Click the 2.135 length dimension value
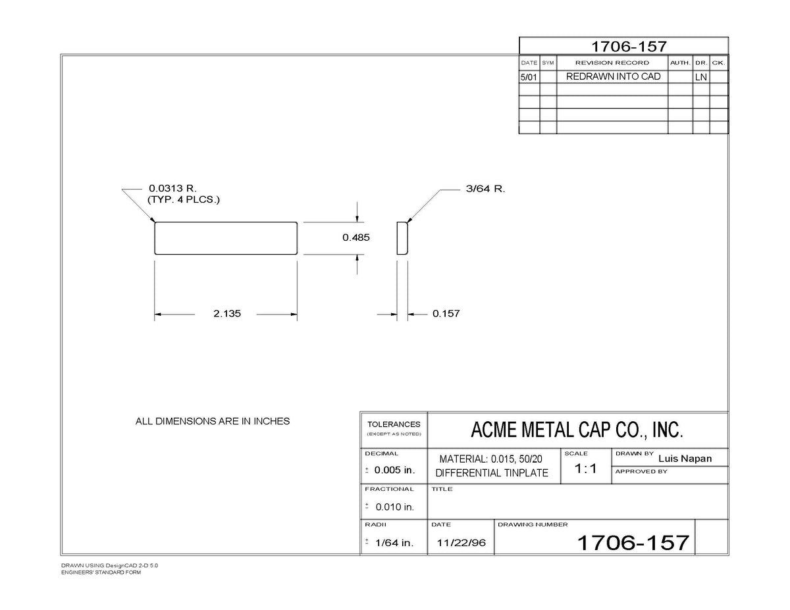[227, 313]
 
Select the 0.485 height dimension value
[356, 238]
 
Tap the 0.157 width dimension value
[446, 313]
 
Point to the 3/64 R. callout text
[486, 189]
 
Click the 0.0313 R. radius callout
[172, 188]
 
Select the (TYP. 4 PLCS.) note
[184, 200]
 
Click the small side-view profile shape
[402, 238]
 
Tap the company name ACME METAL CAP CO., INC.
[577, 430]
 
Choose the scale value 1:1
[585, 469]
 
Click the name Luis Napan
[685, 459]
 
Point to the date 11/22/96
[461, 543]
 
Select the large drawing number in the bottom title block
[633, 543]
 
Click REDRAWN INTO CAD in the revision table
[614, 76]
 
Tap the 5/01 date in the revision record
[529, 77]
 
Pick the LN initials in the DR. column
[701, 77]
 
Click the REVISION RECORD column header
[612, 63]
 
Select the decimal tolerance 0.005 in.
[395, 470]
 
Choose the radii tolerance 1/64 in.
[395, 543]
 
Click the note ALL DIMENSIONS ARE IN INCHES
[213, 421]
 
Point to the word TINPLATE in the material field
[526, 473]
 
